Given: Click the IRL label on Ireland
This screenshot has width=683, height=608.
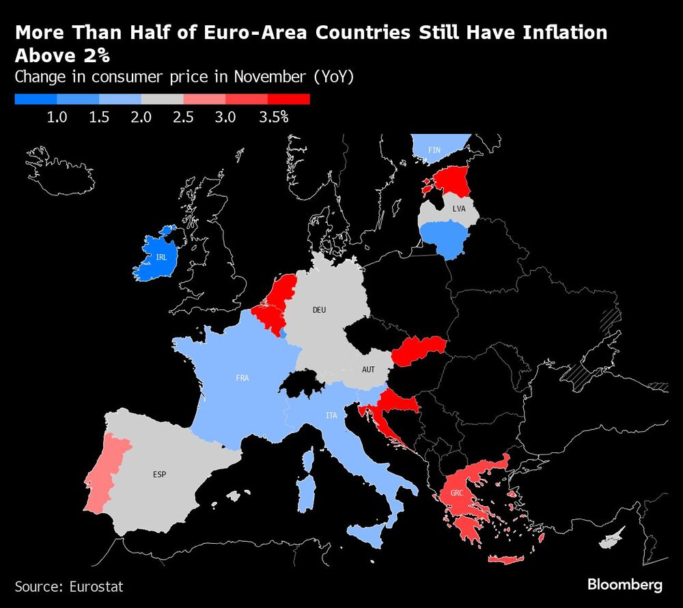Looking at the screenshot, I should pyautogui.click(x=161, y=258).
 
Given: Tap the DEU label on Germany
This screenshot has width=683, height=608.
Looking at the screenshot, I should pyautogui.click(x=319, y=310).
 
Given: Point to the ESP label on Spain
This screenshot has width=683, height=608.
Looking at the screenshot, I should pyautogui.click(x=160, y=473).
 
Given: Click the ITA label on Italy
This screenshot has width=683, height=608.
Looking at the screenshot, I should pyautogui.click(x=331, y=415).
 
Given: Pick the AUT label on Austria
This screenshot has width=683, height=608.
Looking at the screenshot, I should pyautogui.click(x=368, y=369).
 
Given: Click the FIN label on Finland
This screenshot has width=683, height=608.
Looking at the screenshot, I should pyautogui.click(x=434, y=150).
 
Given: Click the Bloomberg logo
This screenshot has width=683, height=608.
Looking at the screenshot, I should pyautogui.click(x=625, y=585).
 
